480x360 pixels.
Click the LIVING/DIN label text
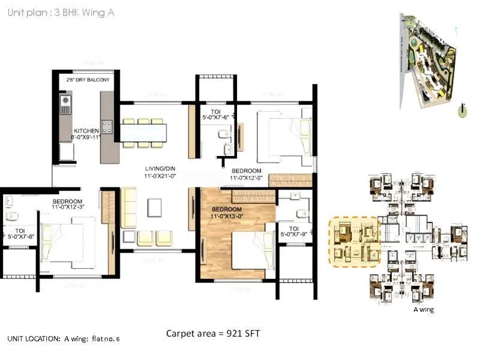click(x=158, y=172)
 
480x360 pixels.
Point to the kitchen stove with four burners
click(x=107, y=127)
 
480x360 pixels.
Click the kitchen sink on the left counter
click(x=65, y=107)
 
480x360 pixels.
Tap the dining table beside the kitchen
click(x=143, y=132)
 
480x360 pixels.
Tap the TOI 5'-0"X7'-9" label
click(x=294, y=232)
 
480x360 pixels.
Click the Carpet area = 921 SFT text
click(x=212, y=333)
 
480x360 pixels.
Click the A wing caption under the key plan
click(x=424, y=310)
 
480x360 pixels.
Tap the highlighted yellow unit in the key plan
click(x=354, y=241)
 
